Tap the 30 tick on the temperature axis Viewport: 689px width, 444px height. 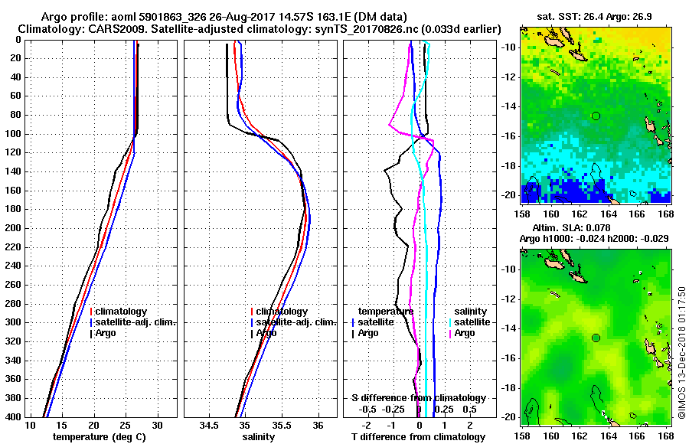[x=158, y=425]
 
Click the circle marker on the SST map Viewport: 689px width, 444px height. [x=595, y=116]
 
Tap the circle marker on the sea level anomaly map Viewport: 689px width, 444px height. [x=595, y=338]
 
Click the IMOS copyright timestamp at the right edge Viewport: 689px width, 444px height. [x=681, y=352]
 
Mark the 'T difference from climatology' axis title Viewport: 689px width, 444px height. [x=418, y=437]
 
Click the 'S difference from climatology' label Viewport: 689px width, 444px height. [x=418, y=398]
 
